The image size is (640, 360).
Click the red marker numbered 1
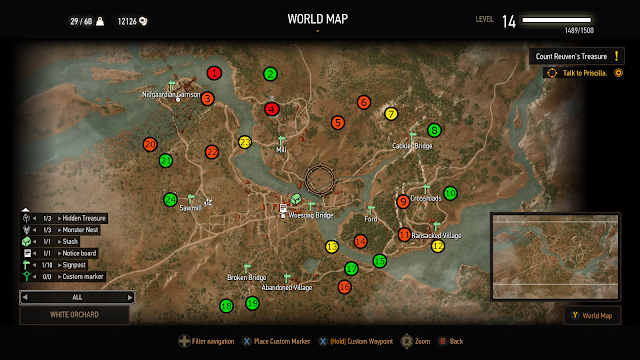(x=214, y=72)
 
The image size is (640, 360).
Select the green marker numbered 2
(x=270, y=73)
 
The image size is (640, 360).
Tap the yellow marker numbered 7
(x=391, y=114)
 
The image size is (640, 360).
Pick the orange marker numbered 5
(x=338, y=122)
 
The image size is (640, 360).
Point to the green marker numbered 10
(x=450, y=193)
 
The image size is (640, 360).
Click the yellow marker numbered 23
(x=245, y=142)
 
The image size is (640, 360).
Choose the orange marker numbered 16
(x=344, y=287)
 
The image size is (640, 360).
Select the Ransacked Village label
(x=437, y=235)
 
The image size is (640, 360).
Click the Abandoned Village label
(x=287, y=288)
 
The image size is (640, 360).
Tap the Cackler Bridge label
(x=412, y=146)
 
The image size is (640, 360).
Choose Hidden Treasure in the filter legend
(x=82, y=218)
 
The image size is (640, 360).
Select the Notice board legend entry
(x=78, y=253)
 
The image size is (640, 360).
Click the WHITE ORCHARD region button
(x=74, y=315)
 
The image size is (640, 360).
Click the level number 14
(x=509, y=20)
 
